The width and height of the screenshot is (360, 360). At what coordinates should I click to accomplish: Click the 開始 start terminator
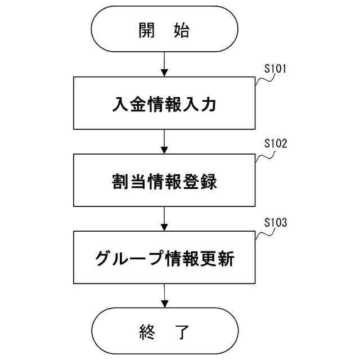tap(164, 31)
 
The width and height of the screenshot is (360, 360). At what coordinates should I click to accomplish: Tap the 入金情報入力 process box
tap(164, 103)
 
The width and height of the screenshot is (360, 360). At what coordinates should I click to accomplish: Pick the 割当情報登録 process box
tap(164, 182)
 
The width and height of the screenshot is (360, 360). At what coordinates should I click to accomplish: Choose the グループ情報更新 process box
tap(164, 259)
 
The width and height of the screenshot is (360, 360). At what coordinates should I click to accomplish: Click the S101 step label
tap(276, 70)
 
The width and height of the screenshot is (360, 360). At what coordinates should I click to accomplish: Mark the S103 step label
tap(276, 222)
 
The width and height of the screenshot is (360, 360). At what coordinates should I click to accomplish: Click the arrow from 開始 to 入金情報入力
tap(164, 64)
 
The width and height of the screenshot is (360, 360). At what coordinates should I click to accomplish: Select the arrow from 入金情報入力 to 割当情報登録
tap(164, 141)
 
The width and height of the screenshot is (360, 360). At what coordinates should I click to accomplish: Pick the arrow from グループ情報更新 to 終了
tap(164, 296)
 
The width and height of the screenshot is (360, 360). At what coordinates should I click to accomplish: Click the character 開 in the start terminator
tap(146, 31)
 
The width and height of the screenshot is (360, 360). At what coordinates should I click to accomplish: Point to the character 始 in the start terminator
tap(181, 31)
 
